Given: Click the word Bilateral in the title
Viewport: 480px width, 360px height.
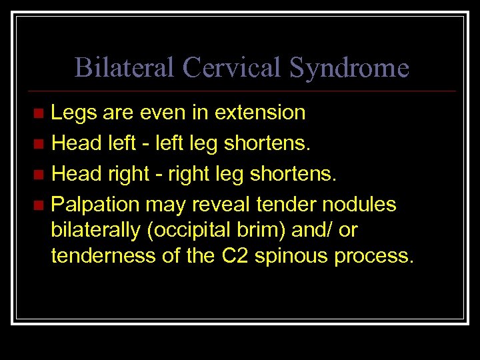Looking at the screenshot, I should pyautogui.click(x=125, y=67).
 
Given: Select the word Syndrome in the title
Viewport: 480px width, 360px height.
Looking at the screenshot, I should pyautogui.click(x=349, y=67).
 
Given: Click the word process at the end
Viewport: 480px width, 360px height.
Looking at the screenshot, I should pyautogui.click(x=374, y=256).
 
